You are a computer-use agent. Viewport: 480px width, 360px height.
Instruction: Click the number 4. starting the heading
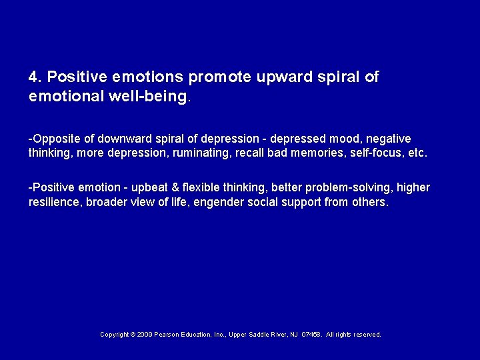(x=35, y=77)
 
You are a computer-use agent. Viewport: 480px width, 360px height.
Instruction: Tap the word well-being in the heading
(x=150, y=97)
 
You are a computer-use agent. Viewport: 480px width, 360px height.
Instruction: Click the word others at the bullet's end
(x=370, y=202)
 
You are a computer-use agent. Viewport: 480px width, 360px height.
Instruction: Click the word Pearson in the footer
(x=171, y=335)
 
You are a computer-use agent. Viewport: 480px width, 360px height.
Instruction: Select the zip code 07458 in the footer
(x=311, y=335)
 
